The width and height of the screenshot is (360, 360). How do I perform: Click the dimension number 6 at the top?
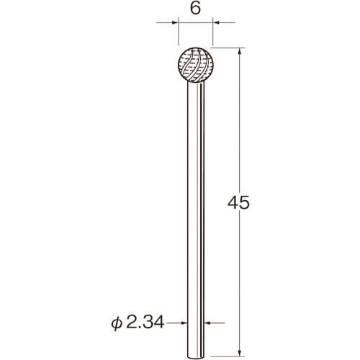(x=195, y=9)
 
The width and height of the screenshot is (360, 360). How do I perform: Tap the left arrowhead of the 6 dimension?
(x=176, y=22)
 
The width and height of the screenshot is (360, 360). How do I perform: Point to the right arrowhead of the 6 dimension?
(x=216, y=22)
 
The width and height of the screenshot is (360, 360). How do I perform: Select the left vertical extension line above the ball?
(x=179, y=31)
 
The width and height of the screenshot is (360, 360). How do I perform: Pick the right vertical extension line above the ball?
(x=213, y=31)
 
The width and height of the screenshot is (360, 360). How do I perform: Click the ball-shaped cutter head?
(x=196, y=65)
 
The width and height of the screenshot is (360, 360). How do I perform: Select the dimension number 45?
(x=238, y=203)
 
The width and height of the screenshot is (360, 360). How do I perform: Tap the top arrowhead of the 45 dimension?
(x=239, y=51)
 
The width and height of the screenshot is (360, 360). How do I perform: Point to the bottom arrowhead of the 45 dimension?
(x=239, y=353)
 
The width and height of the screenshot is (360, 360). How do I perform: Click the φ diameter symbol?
(x=117, y=323)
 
